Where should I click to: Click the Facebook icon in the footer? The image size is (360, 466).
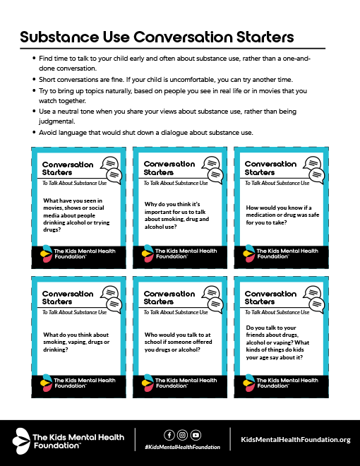point(169,435)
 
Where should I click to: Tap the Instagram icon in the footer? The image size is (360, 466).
point(182,435)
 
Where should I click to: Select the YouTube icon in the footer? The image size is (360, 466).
point(196,435)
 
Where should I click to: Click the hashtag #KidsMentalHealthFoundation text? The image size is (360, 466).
point(182,447)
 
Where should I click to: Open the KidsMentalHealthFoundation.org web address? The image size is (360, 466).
point(295,440)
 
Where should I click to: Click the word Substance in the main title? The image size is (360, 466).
point(61,36)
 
